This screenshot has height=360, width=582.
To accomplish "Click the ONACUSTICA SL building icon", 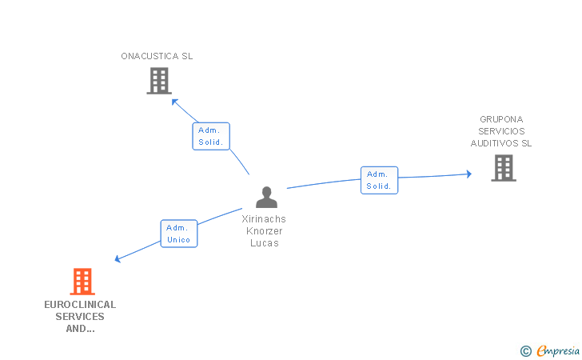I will (x=159, y=81).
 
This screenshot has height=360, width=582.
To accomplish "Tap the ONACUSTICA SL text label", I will (x=157, y=57).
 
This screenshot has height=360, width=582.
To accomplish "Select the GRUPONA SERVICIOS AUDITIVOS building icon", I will (x=503, y=168).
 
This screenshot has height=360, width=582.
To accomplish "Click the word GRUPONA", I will (x=501, y=119).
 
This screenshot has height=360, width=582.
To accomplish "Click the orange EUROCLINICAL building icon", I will (x=82, y=282).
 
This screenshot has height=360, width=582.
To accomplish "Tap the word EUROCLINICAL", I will (x=80, y=305).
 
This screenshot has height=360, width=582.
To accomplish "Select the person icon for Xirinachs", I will (x=266, y=197).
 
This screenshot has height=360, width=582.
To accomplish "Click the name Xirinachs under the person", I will (x=264, y=219).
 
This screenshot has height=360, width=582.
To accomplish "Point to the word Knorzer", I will (x=264, y=231).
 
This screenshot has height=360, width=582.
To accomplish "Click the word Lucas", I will (x=264, y=243).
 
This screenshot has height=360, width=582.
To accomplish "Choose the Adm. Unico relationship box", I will (x=178, y=234).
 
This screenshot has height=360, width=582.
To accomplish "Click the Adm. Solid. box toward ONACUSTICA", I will (x=211, y=136).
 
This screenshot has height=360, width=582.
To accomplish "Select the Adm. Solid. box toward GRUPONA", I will (x=378, y=180).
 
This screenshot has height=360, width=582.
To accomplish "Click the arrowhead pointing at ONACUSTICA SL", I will (x=174, y=99).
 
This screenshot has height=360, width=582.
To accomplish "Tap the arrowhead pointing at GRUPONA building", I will (x=468, y=174).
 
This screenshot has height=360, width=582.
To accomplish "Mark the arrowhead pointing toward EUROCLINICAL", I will (x=118, y=258).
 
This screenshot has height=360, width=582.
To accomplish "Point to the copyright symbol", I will (x=525, y=350).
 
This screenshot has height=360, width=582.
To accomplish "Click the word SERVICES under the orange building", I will (x=80, y=317).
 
